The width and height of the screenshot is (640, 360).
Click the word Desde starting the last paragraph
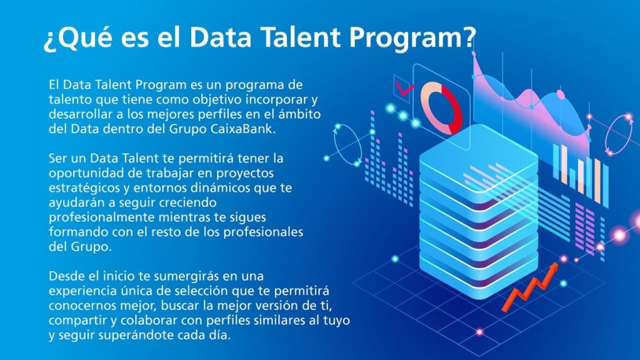pyautogui.click(x=64, y=275)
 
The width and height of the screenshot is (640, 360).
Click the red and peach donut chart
pyautogui.click(x=441, y=107)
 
